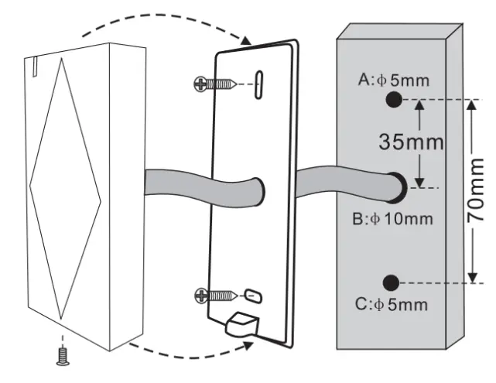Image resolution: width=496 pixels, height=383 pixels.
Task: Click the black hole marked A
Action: point(392,98)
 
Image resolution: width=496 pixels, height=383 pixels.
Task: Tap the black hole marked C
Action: point(392,282)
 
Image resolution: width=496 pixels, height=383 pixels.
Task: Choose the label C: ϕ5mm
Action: point(392,304)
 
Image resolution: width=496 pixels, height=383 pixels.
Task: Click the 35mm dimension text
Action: point(411,142)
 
